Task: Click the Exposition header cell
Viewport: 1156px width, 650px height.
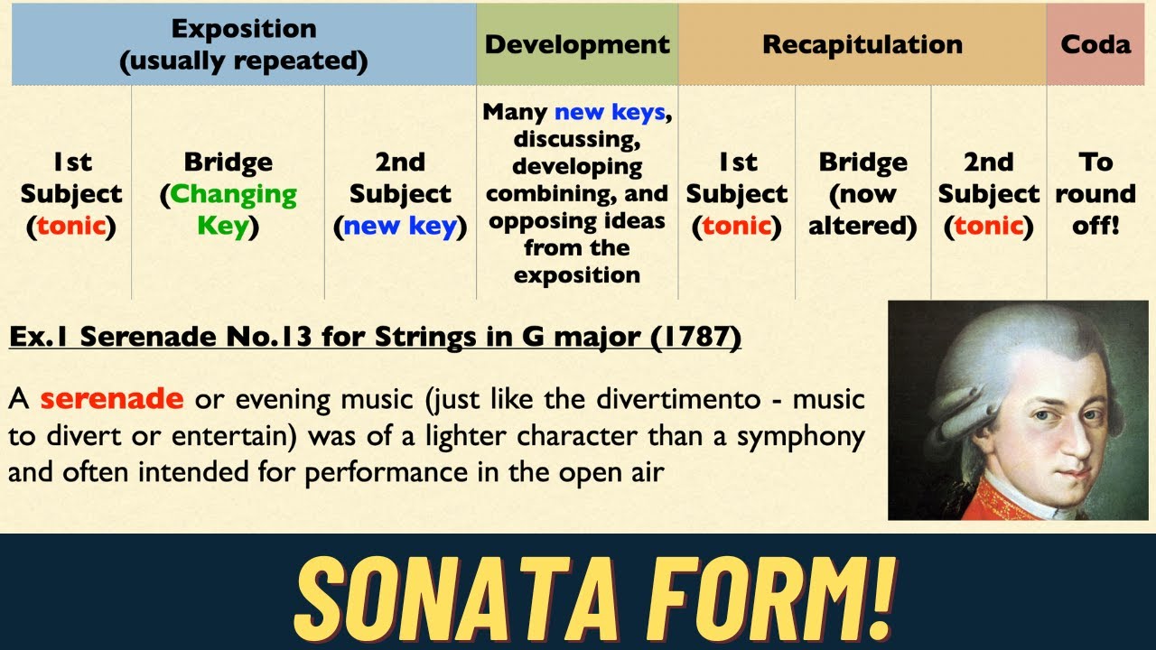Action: click(x=244, y=44)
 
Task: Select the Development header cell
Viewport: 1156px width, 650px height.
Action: click(x=577, y=44)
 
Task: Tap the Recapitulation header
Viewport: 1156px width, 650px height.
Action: click(x=862, y=44)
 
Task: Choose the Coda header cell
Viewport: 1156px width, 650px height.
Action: click(x=1095, y=44)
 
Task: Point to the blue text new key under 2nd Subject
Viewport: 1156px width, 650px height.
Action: click(x=400, y=226)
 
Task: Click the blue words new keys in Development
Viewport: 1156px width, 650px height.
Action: click(x=610, y=113)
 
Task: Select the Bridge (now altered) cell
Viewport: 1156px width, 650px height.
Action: click(x=862, y=194)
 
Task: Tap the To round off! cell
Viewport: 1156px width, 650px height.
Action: click(x=1095, y=194)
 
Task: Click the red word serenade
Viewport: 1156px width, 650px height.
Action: click(x=111, y=398)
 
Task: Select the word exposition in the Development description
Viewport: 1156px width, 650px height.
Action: click(x=577, y=274)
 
